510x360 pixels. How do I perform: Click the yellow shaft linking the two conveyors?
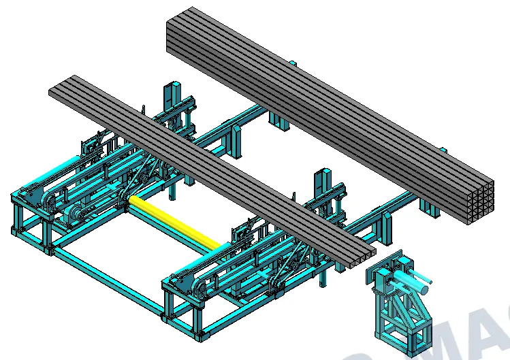pyautogui.click(x=177, y=221)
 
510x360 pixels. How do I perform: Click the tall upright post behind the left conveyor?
pyautogui.click(x=170, y=102)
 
